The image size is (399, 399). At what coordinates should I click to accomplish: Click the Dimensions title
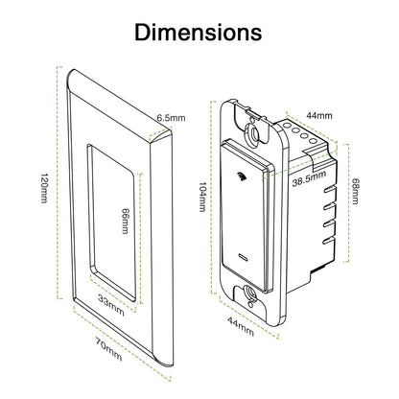(x=199, y=33)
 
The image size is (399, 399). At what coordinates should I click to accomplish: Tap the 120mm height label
(x=44, y=188)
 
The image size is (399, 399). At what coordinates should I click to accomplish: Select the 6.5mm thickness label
(x=171, y=118)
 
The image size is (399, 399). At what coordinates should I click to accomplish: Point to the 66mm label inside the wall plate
(x=126, y=221)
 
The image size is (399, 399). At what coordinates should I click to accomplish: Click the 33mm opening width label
(x=111, y=305)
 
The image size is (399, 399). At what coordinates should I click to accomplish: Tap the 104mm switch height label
(x=202, y=197)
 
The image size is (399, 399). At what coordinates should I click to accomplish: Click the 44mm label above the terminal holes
(x=319, y=115)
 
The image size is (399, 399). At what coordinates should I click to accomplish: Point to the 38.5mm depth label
(x=309, y=178)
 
